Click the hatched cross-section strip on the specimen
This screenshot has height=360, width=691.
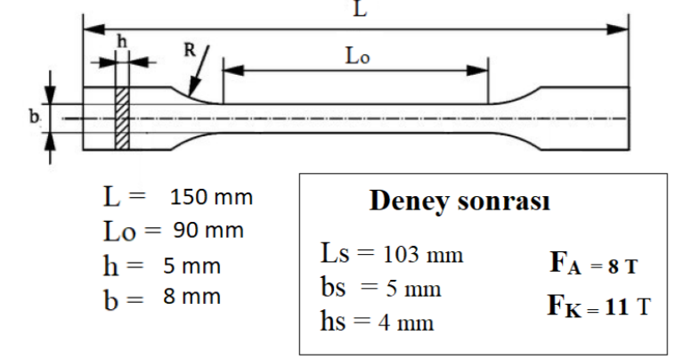[x=122, y=119]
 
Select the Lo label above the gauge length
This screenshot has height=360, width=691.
[x=356, y=54]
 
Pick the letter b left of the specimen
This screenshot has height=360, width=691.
[x=32, y=116]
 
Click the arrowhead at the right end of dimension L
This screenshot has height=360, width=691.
[x=621, y=29]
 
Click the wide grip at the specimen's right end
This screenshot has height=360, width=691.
[x=588, y=119]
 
